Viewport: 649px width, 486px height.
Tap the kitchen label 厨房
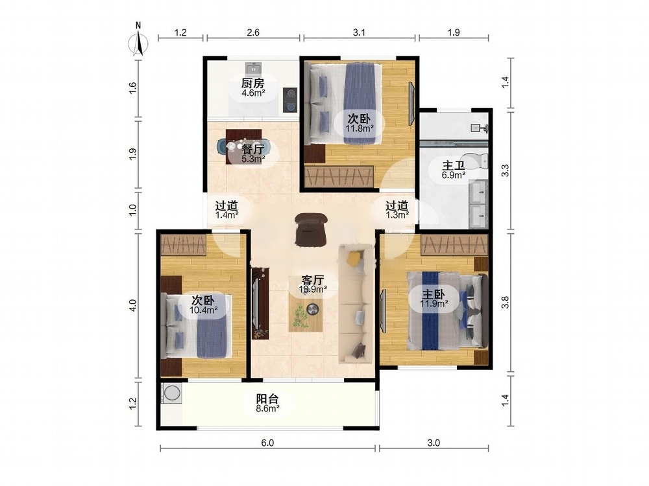tap(253, 83)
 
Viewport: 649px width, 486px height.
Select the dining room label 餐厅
tap(253, 149)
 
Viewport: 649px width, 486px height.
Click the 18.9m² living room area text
tap(313, 289)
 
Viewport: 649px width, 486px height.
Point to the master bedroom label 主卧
tap(434, 294)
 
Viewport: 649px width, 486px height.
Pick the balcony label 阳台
tap(267, 399)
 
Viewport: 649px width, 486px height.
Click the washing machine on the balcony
tap(171, 393)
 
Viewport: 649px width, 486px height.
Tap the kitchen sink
tap(253, 67)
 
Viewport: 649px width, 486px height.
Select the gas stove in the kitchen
tap(290, 100)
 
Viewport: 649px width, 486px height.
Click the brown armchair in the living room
tap(311, 230)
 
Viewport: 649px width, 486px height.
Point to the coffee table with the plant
tap(306, 314)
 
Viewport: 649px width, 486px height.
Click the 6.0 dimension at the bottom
tap(267, 443)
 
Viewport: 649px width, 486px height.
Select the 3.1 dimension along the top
tap(359, 32)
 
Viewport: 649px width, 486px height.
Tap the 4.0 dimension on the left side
tap(132, 305)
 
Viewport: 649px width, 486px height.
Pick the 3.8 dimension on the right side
tap(505, 303)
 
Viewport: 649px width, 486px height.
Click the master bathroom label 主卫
tap(453, 166)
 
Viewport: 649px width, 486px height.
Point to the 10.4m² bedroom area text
tap(203, 309)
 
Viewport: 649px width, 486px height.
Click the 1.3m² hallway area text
tap(397, 215)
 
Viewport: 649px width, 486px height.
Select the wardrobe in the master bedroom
tap(454, 245)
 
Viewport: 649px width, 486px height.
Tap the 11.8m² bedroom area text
tap(360, 128)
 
